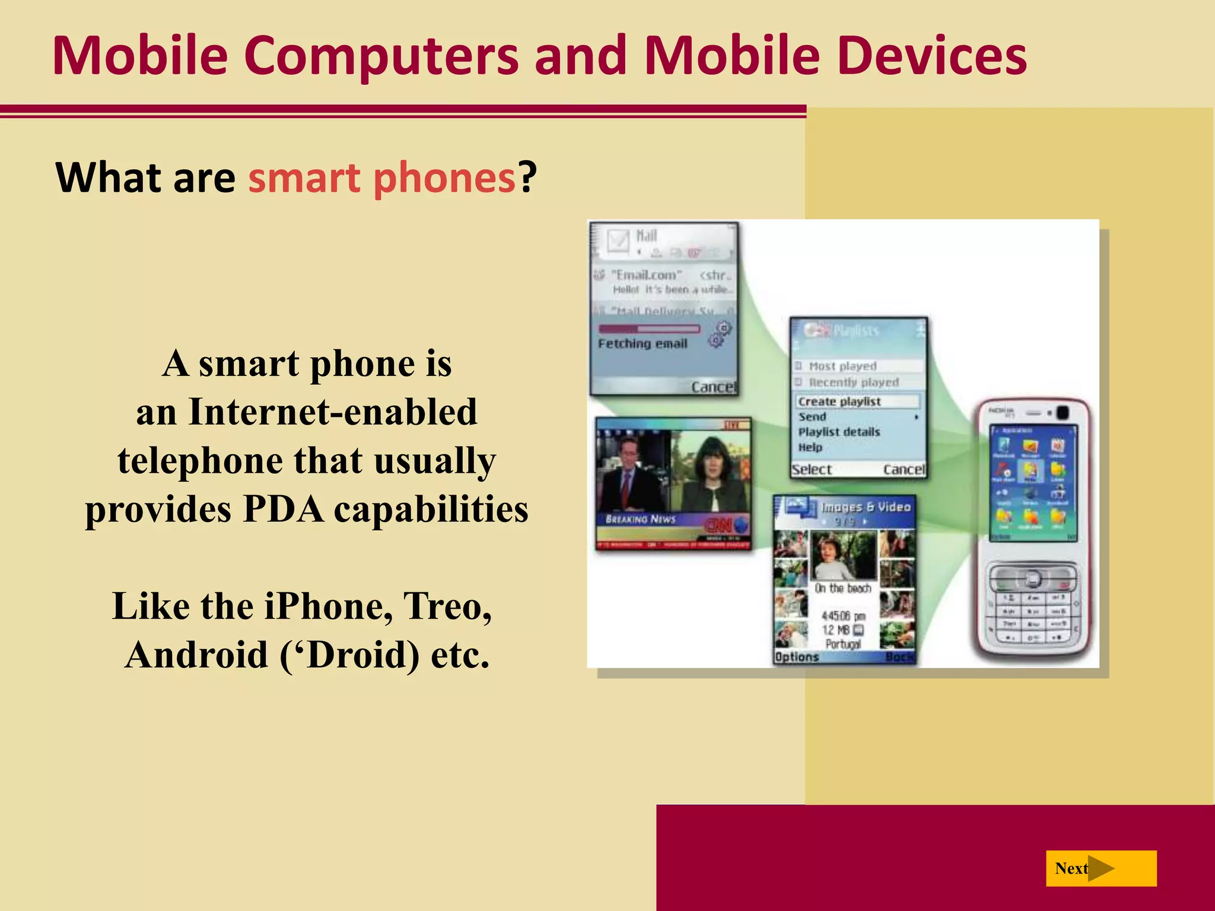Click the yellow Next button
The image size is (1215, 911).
[1101, 868]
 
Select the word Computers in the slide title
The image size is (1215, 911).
[380, 56]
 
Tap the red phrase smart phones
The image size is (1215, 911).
[381, 177]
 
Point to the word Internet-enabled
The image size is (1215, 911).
[333, 411]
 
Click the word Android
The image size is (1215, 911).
[197, 655]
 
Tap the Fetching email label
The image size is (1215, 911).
[643, 343]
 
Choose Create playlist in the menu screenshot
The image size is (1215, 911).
[839, 402]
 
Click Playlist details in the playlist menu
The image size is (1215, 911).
[839, 432]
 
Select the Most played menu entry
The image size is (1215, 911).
[842, 366]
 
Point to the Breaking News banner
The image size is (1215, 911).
[641, 519]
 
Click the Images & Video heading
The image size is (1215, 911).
[865, 507]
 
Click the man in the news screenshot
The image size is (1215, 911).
[626, 474]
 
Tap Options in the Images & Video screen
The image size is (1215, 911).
[797, 657]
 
